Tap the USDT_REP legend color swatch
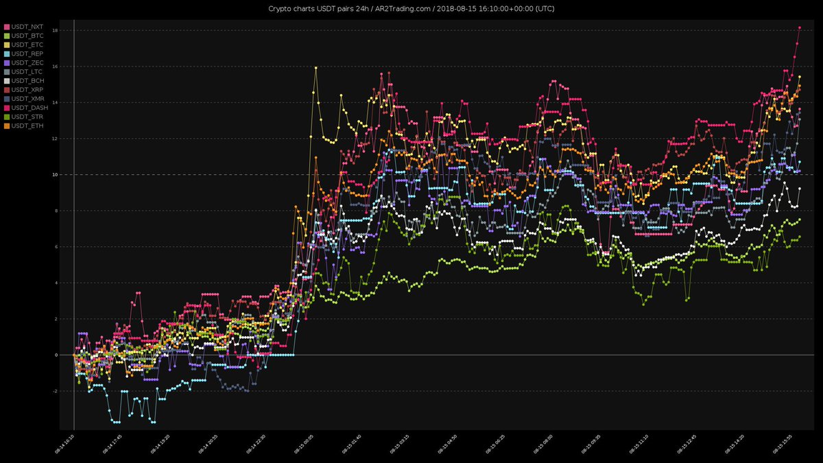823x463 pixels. (x=7, y=54)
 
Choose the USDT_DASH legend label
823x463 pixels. (x=28, y=108)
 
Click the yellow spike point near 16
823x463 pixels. (x=315, y=68)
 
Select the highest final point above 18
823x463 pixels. (x=800, y=27)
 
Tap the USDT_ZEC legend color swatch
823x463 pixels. (x=7, y=62)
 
